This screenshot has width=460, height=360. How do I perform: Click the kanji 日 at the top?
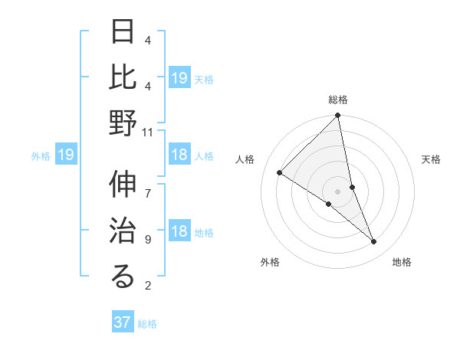(x=123, y=33)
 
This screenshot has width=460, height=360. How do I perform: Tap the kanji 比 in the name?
(x=123, y=77)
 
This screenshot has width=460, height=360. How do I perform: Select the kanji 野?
(x=123, y=123)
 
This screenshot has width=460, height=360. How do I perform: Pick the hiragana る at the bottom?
(x=123, y=277)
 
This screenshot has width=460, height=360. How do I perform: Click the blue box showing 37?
(x=123, y=322)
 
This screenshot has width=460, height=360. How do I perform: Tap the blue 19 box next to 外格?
(x=66, y=155)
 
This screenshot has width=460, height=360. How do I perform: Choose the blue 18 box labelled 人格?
(x=179, y=155)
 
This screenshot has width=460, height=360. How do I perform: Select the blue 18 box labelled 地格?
(x=179, y=232)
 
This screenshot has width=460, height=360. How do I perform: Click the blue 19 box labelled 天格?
(x=179, y=78)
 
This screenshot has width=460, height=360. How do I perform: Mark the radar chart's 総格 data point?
(x=337, y=116)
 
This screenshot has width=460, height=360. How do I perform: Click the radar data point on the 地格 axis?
(x=374, y=242)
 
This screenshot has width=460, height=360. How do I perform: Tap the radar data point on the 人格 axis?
(x=280, y=173)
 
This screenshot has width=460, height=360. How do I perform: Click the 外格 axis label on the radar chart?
(x=270, y=263)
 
